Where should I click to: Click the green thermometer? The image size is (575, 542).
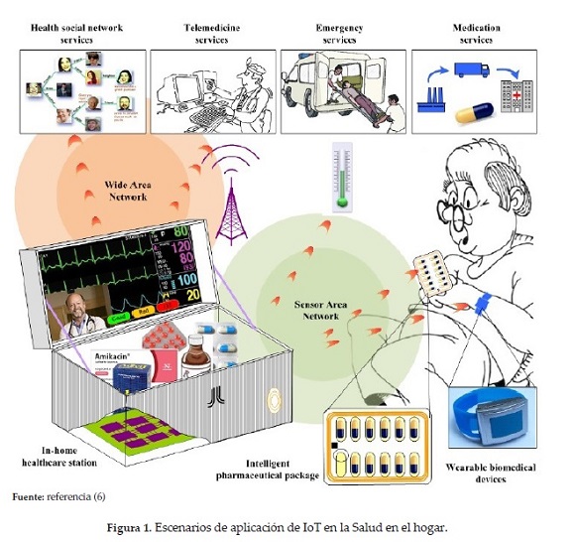point(342,179)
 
